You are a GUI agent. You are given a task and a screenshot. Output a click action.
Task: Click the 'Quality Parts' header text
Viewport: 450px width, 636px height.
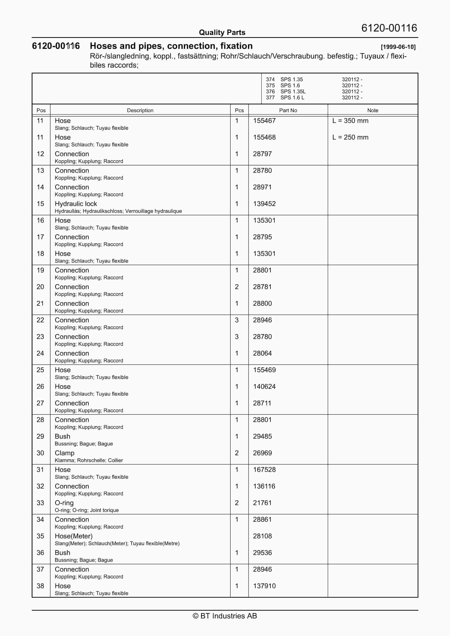coord(222,32)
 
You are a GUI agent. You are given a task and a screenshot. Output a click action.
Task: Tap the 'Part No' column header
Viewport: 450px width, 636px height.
coord(288,110)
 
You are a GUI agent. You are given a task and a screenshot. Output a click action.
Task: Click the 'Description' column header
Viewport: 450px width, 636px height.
coord(140,110)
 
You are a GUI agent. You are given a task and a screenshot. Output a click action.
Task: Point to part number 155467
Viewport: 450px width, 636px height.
coord(264,121)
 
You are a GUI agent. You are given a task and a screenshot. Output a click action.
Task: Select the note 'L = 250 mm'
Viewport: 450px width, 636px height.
coord(350,137)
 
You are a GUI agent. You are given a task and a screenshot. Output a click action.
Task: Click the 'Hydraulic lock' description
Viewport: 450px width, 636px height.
coord(76,204)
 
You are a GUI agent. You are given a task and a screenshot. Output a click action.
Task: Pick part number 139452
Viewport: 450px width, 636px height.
coord(264,204)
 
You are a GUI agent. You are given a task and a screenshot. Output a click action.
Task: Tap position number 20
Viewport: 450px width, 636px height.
coord(40,287)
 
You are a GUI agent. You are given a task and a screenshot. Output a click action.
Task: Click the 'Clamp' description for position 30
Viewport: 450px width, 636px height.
coord(64,453)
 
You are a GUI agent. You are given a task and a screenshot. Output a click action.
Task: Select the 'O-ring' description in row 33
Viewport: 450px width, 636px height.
coord(64,503)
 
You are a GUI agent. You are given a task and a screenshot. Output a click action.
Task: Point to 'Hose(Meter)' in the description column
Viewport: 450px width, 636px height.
coord(74,536)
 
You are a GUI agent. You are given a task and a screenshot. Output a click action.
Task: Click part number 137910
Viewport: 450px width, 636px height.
coord(264,586)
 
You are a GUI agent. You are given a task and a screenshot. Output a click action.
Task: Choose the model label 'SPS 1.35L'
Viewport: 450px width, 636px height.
coord(293,91)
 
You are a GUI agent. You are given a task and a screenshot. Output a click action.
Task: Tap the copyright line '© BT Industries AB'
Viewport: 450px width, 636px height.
coord(225,616)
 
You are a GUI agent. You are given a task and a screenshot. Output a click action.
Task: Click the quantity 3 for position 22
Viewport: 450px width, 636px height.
coord(237,320)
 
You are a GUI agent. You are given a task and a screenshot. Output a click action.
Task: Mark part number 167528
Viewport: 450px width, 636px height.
coord(264,470)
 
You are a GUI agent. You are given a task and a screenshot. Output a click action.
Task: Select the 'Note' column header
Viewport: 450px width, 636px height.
coord(373,110)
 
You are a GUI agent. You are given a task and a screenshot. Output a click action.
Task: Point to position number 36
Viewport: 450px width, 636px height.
coord(40,553)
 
